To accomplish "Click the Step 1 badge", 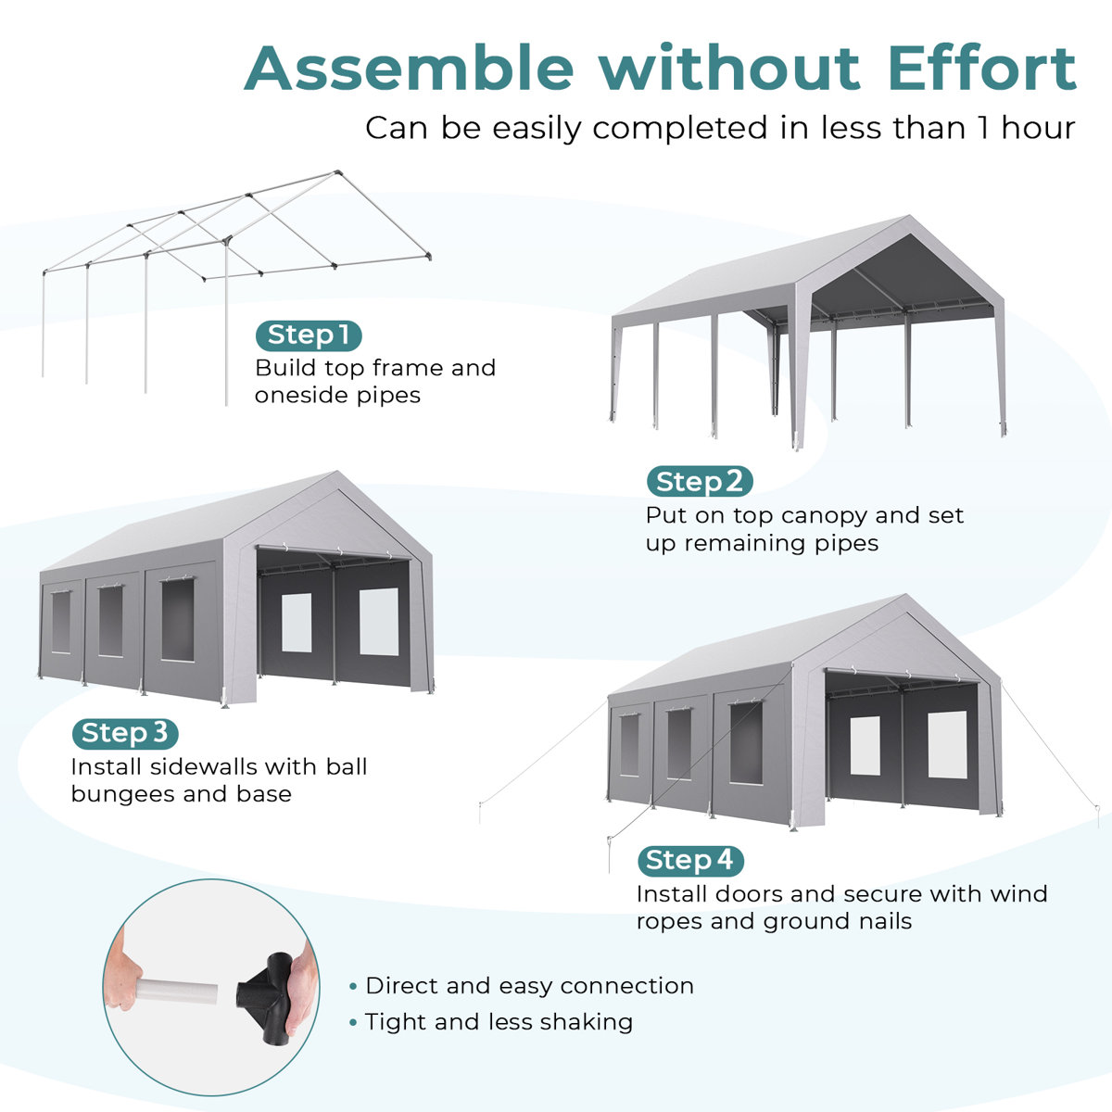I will click(309, 335).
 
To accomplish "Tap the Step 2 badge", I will click(700, 482).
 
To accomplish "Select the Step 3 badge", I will click(125, 734).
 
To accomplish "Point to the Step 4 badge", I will click(690, 861).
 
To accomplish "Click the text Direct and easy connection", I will click(529, 986).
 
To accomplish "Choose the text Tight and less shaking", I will click(499, 1022).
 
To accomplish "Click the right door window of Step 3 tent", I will click(379, 622).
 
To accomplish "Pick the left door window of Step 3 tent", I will click(297, 622).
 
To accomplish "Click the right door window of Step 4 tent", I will click(947, 745).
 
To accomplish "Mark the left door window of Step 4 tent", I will click(866, 745).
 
